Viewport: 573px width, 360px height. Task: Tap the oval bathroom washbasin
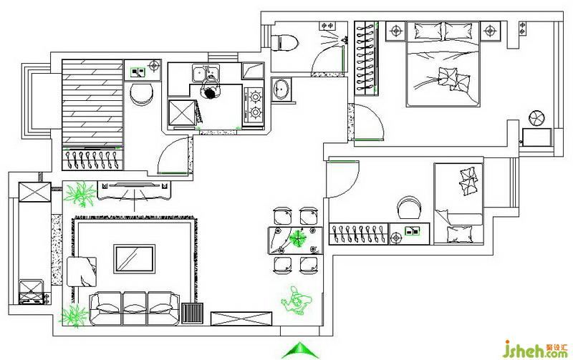tap(282, 89)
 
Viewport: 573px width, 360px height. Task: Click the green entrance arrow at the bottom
tap(300, 350)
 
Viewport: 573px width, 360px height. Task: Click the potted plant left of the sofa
tap(72, 314)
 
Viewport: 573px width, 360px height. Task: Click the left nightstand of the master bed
tap(395, 31)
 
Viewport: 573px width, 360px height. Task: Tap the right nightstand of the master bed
tap(491, 31)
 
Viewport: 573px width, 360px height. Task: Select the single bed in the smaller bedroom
tap(458, 204)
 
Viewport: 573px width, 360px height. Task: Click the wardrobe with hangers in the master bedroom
tap(365, 57)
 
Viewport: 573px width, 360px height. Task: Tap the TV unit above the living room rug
tap(135, 190)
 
